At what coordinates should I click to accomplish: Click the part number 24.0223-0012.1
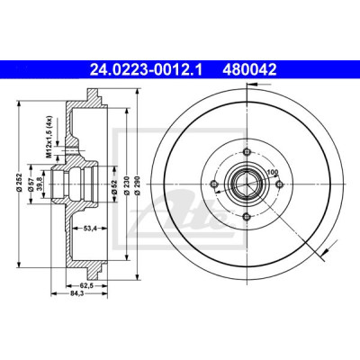tap(147, 69)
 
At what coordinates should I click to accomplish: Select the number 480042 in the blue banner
tap(249, 69)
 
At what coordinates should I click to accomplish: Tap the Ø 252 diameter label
tap(19, 182)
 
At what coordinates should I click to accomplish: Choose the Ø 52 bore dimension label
tap(114, 185)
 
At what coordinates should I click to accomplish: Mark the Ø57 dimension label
tap(30, 184)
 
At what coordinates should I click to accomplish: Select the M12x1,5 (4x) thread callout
tap(49, 137)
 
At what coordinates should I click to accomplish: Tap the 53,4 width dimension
tap(90, 229)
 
